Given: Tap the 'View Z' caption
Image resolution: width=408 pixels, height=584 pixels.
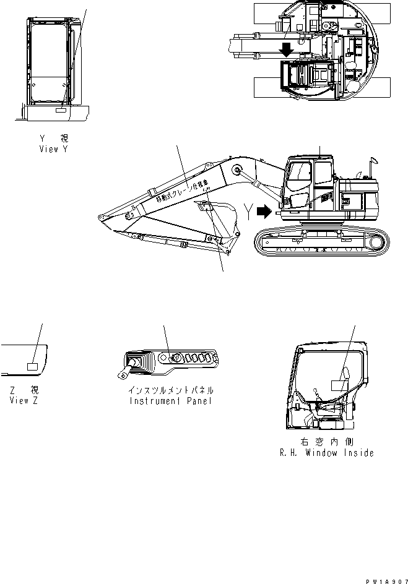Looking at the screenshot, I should tap(24, 400).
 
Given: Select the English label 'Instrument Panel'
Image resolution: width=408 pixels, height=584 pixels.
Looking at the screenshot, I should tap(171, 400).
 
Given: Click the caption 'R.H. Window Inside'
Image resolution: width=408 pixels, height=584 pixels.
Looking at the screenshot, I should tap(326, 453).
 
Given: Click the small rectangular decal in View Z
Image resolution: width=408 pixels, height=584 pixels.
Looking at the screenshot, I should tap(32, 366).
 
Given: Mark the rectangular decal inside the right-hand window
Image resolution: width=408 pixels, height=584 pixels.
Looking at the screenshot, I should tap(340, 385).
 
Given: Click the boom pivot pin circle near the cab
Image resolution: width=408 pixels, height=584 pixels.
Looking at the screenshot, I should tap(237, 170).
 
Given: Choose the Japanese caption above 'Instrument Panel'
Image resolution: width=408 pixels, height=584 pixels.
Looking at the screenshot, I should tap(171, 390).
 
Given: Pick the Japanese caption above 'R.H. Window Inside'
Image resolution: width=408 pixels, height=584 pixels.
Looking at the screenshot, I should tap(326, 442).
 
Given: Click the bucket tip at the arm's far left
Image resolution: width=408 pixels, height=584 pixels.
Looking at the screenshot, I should tap(98, 217).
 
